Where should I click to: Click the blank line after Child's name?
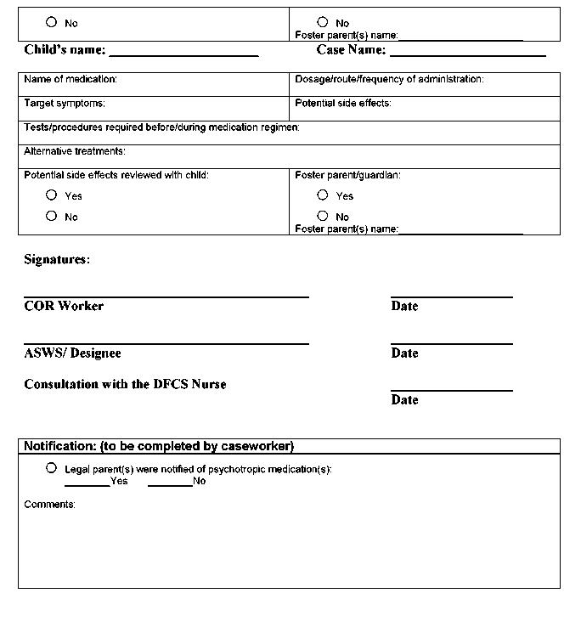[x=183, y=54]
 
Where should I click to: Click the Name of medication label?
[x=71, y=79]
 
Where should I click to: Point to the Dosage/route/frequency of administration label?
[x=389, y=79]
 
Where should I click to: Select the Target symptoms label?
[x=65, y=103]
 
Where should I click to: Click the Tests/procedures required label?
[x=161, y=127]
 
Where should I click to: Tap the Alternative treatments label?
[x=75, y=151]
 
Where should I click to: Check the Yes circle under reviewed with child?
[x=52, y=195]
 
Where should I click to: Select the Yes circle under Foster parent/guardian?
[x=323, y=195]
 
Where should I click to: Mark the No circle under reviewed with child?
[x=52, y=216]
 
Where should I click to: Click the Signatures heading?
[x=57, y=260]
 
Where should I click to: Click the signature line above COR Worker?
[x=166, y=297]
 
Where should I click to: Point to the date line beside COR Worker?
[x=451, y=297]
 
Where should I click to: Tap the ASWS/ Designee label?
[x=72, y=353]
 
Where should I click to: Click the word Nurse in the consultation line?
[x=208, y=384]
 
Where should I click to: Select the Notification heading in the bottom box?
[x=159, y=446]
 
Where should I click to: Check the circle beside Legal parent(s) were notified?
[x=52, y=468]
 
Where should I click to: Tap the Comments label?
[x=49, y=505]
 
